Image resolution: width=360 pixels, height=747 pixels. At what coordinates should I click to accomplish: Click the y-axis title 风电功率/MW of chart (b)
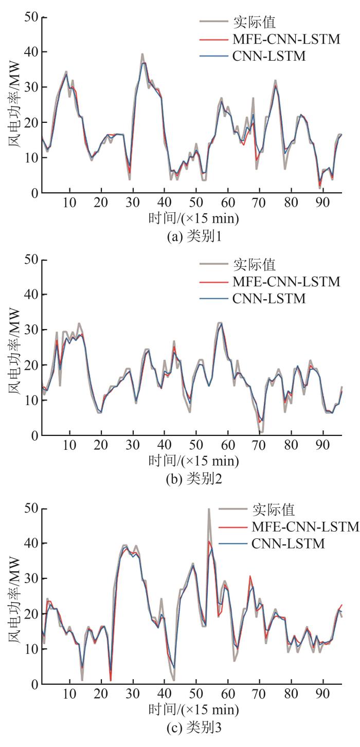tap(14, 349)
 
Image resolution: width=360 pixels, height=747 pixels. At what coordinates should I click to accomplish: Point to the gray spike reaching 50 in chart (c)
tap(209, 509)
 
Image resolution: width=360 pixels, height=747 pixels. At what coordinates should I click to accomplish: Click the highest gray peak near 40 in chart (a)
tap(142, 54)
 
